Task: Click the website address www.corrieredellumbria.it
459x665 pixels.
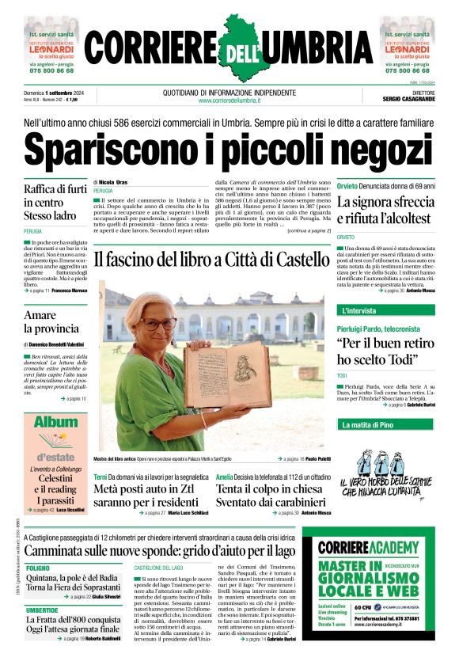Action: pyautogui.click(x=229, y=101)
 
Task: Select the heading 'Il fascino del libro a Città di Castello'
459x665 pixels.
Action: pyautogui.click(x=210, y=258)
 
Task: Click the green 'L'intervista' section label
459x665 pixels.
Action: pyautogui.click(x=359, y=310)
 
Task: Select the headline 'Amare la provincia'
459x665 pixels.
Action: pyautogui.click(x=51, y=321)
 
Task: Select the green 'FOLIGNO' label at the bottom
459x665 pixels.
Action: pyautogui.click(x=37, y=568)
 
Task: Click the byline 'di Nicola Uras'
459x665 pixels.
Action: pyautogui.click(x=112, y=182)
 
